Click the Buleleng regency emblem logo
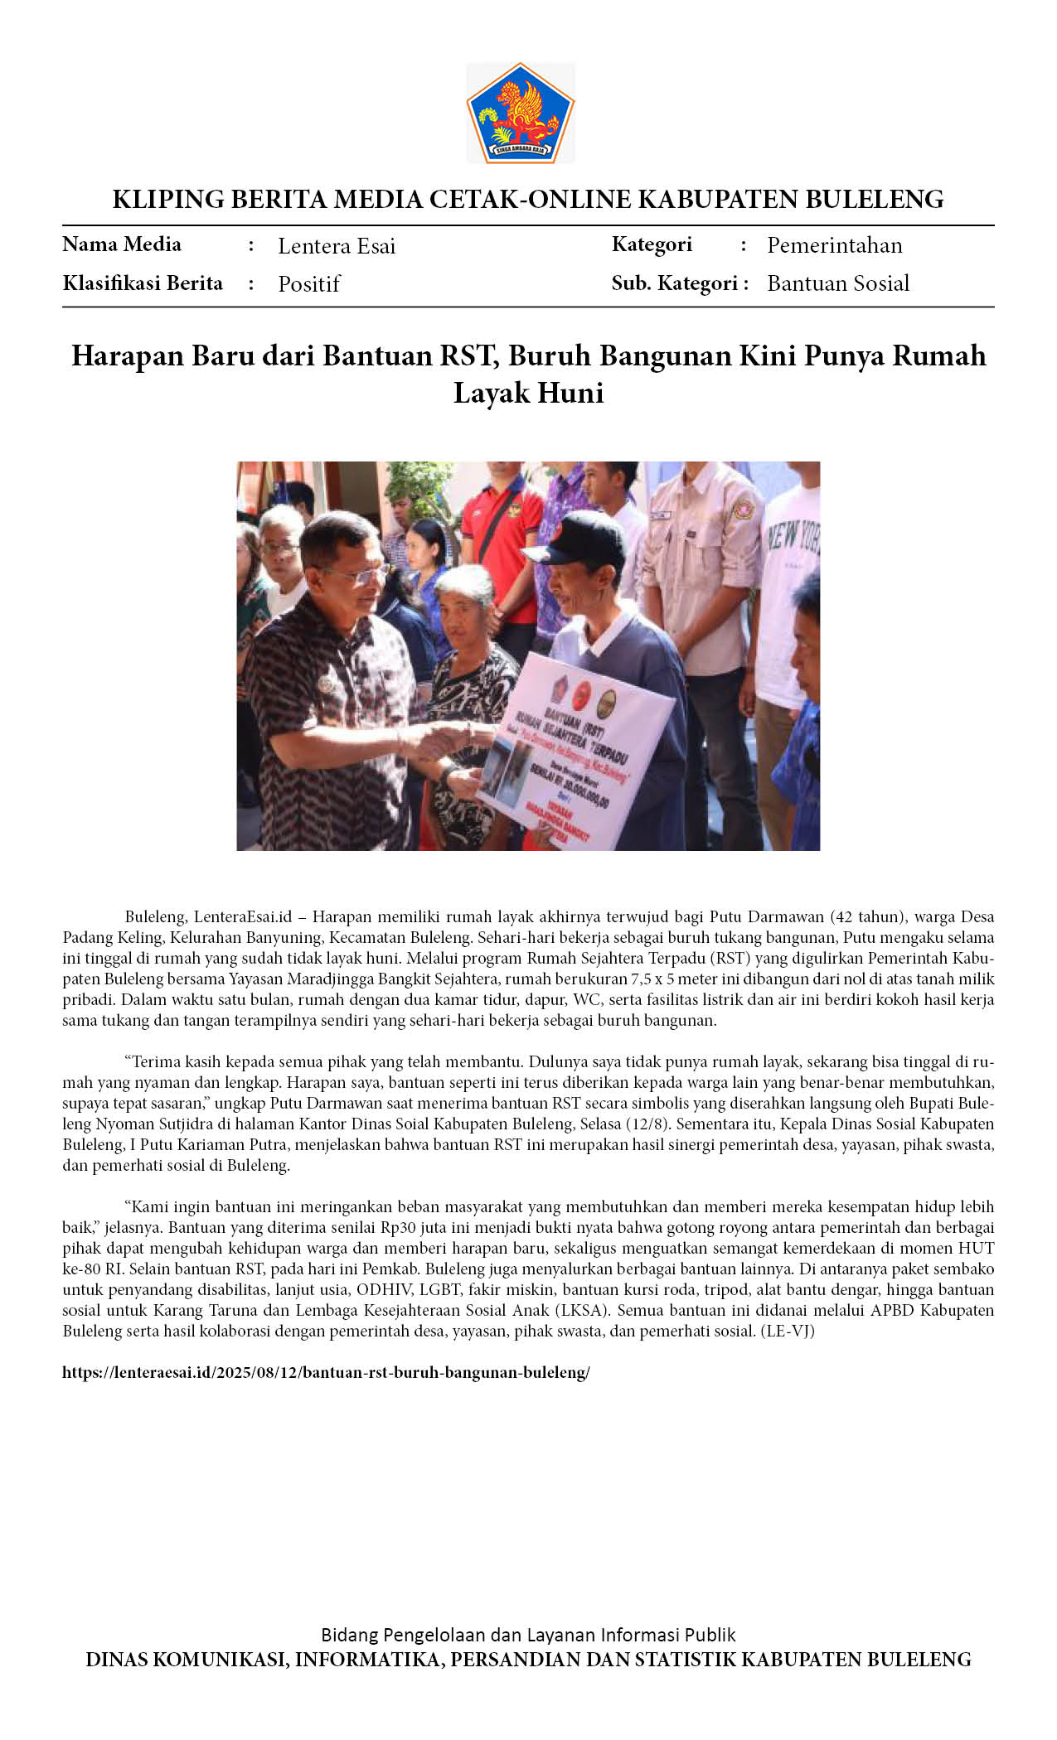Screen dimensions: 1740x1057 (520, 113)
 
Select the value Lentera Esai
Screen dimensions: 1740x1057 (337, 246)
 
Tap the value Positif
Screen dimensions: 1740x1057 (308, 284)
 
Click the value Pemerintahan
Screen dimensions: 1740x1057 (834, 245)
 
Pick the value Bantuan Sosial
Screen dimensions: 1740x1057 (837, 283)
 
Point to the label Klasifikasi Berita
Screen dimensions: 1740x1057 (143, 283)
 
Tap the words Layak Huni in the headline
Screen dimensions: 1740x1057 (528, 393)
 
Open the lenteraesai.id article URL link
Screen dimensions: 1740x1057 (326, 1372)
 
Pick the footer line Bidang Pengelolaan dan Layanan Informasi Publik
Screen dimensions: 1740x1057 (528, 1635)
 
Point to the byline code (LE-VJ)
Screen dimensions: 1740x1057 (788, 1331)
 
